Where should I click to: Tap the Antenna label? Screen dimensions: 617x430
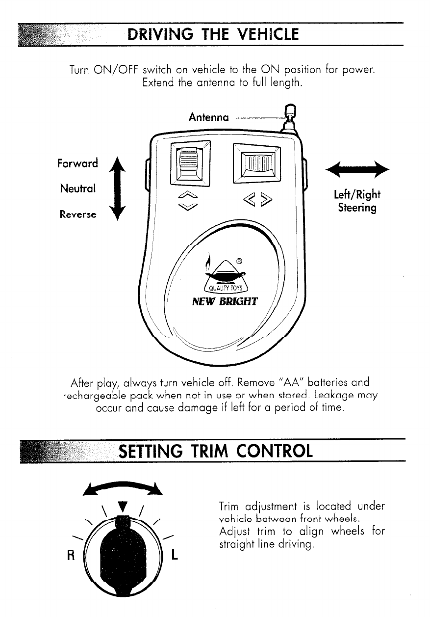[x=208, y=118]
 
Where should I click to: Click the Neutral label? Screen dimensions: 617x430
[x=78, y=188]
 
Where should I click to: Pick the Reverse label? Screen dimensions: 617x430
[x=78, y=214]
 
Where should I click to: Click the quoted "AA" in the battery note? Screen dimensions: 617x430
[x=265, y=382]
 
